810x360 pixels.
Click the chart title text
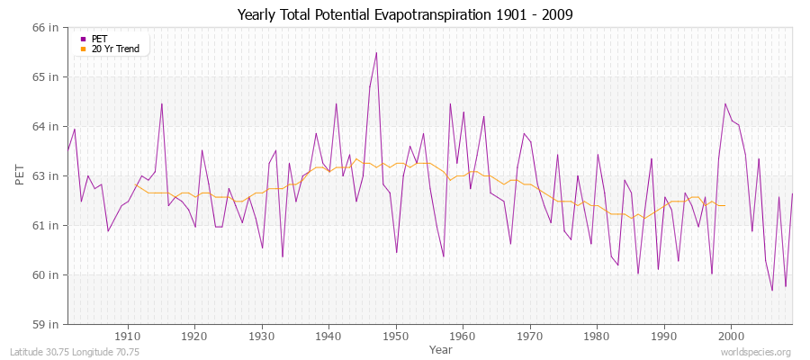pyautogui.click(x=404, y=14)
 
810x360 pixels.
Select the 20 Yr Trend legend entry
pyautogui.click(x=115, y=49)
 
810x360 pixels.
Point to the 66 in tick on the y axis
pyautogui.click(x=46, y=27)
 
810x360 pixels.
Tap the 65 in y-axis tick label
pyautogui.click(x=46, y=76)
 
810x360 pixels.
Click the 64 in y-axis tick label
pyautogui.click(x=46, y=126)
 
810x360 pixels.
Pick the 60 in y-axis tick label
pyautogui.click(x=46, y=274)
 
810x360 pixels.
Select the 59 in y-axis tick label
pyautogui.click(x=46, y=324)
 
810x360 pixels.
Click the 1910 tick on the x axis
pyautogui.click(x=128, y=336)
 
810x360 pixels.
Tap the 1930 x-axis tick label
pyautogui.click(x=262, y=336)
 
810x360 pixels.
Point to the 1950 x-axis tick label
pyautogui.click(x=396, y=336)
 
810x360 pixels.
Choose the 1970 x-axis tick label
pyautogui.click(x=530, y=336)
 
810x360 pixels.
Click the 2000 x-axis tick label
pyautogui.click(x=731, y=336)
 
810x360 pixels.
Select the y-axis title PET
pyautogui.click(x=21, y=175)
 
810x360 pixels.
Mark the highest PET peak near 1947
pyautogui.click(x=376, y=52)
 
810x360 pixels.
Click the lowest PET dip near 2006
pyautogui.click(x=772, y=290)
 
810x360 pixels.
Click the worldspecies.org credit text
pyautogui.click(x=758, y=353)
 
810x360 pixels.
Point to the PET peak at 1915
pyautogui.click(x=162, y=103)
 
